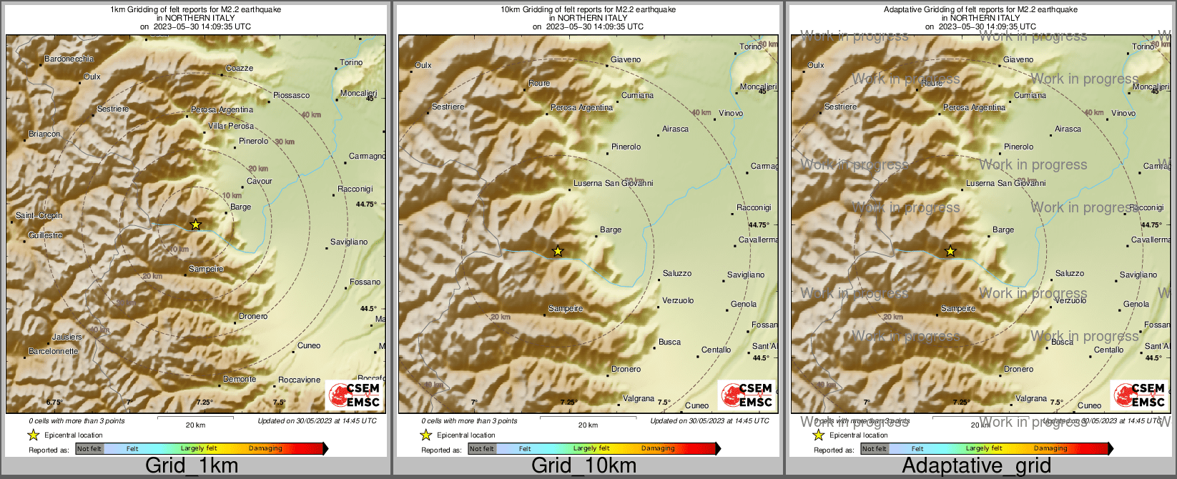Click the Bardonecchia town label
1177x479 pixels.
[x=69, y=59]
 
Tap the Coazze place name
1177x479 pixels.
[x=240, y=69]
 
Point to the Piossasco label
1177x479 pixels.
[x=291, y=95]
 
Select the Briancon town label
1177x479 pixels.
[x=44, y=134]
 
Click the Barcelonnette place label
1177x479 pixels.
[x=53, y=352]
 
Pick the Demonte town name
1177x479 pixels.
[x=240, y=380]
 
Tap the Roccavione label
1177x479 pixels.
[x=299, y=380]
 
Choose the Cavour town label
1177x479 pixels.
[x=260, y=182]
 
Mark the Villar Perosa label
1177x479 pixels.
[x=231, y=127]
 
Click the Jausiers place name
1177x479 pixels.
[x=67, y=337]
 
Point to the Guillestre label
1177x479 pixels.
[x=45, y=236]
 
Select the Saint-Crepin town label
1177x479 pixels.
[x=39, y=216]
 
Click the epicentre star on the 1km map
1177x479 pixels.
[x=195, y=224]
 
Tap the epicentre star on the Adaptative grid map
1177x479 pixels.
[x=950, y=251]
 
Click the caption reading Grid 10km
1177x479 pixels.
[x=583, y=466]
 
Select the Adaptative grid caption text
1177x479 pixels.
[x=976, y=466]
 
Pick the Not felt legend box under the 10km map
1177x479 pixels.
[x=482, y=449]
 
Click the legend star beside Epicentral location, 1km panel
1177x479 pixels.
[x=33, y=435]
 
